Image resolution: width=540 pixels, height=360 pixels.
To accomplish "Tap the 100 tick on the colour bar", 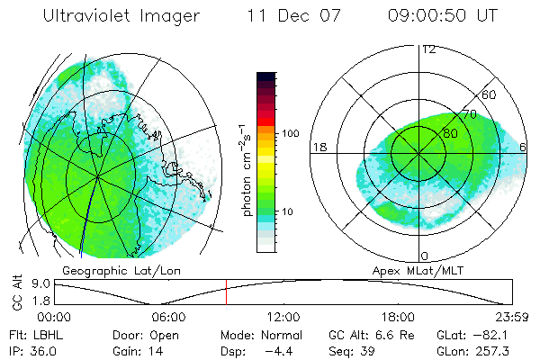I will click(292, 133).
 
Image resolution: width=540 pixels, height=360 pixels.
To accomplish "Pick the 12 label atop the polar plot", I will click(429, 49).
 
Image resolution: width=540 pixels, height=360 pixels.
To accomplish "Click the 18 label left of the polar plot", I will click(319, 147).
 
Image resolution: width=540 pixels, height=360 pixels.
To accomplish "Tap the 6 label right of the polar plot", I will click(524, 147).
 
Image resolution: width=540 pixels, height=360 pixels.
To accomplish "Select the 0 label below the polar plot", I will click(426, 256).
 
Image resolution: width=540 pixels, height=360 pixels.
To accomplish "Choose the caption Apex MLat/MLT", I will click(416, 270).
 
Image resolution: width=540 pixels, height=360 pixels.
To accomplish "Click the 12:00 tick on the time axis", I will click(283, 317).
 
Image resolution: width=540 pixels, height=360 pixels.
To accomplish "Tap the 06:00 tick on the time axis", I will click(169, 317).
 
